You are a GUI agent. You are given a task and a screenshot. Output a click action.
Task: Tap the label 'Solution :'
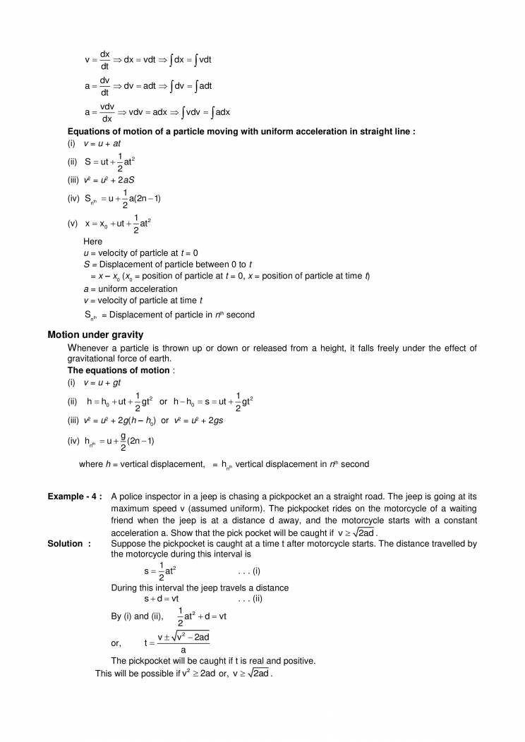pos(69,544)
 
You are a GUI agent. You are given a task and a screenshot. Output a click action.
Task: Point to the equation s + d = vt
pos(160,598)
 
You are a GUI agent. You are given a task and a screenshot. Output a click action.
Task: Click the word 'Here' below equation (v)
pos(92,241)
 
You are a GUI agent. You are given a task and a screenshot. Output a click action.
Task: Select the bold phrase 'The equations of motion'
pos(119,370)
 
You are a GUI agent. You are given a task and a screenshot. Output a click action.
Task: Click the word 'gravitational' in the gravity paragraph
pos(94,359)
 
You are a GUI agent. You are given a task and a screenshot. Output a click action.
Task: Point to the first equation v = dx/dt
pos(97,60)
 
